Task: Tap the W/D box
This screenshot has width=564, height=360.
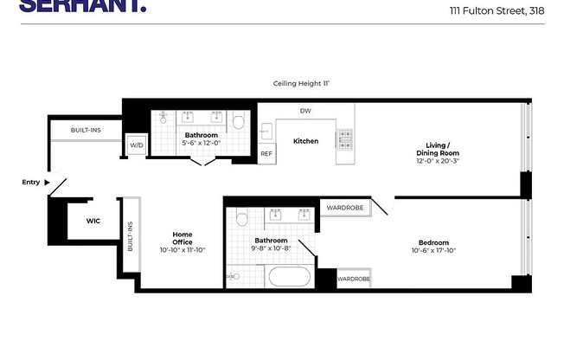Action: [137, 145]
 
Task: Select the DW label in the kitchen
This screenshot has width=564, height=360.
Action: [305, 111]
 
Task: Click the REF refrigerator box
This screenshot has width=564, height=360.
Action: [267, 154]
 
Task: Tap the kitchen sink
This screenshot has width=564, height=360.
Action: [266, 130]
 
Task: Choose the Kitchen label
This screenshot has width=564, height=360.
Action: [305, 141]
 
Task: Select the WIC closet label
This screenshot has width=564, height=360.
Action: [93, 221]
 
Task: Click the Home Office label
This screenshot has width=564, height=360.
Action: [182, 238]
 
